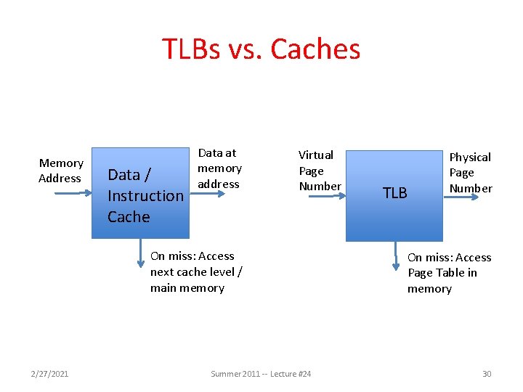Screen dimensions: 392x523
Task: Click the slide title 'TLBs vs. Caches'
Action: (x=261, y=49)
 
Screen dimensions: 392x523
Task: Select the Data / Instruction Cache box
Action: (x=140, y=193)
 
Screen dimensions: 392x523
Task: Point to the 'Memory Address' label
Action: (x=60, y=171)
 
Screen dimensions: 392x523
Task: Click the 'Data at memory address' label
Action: (x=219, y=168)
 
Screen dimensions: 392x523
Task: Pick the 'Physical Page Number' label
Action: (x=470, y=173)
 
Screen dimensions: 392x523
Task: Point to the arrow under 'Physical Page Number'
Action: (x=465, y=196)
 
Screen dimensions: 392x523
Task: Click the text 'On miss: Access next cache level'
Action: (x=196, y=271)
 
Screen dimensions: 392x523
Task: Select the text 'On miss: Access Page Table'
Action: (x=448, y=273)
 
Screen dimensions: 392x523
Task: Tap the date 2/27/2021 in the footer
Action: (x=50, y=373)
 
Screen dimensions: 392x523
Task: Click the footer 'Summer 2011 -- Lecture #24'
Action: (x=261, y=373)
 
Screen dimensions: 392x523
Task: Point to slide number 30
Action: (x=487, y=373)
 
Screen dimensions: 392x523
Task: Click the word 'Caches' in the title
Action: (x=315, y=49)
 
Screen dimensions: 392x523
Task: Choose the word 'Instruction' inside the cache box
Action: (x=145, y=195)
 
